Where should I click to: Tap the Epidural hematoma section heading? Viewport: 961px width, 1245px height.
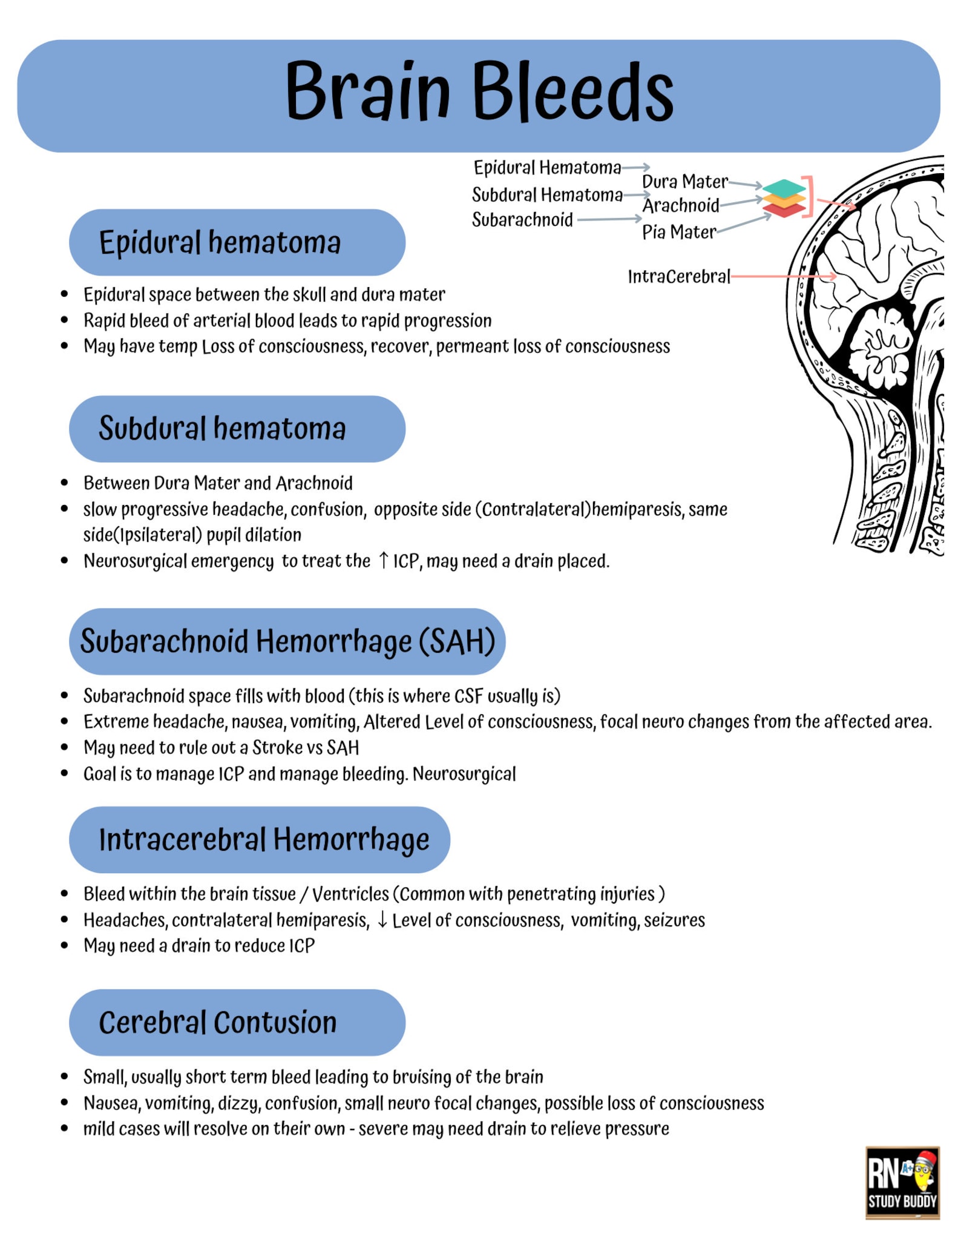click(220, 242)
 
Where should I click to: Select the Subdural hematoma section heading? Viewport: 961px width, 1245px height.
click(222, 429)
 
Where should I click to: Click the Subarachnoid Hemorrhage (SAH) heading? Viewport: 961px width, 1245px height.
click(287, 641)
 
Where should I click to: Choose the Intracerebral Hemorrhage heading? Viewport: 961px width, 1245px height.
click(264, 840)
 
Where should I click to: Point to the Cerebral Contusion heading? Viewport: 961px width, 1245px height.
click(217, 1023)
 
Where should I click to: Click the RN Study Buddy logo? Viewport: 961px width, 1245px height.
click(902, 1182)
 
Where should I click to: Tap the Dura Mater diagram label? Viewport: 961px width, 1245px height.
click(684, 182)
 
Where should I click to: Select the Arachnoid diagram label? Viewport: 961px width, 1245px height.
click(680, 206)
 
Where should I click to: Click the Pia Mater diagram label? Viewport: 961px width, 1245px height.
click(678, 232)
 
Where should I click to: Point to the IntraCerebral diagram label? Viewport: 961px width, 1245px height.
click(678, 277)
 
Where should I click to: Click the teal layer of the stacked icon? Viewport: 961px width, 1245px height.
click(784, 187)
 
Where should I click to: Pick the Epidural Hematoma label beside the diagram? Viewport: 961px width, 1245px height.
click(547, 167)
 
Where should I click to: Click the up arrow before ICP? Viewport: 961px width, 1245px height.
click(383, 560)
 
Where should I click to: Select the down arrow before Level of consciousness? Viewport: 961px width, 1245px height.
click(382, 920)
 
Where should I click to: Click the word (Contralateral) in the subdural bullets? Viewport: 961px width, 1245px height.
click(533, 509)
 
